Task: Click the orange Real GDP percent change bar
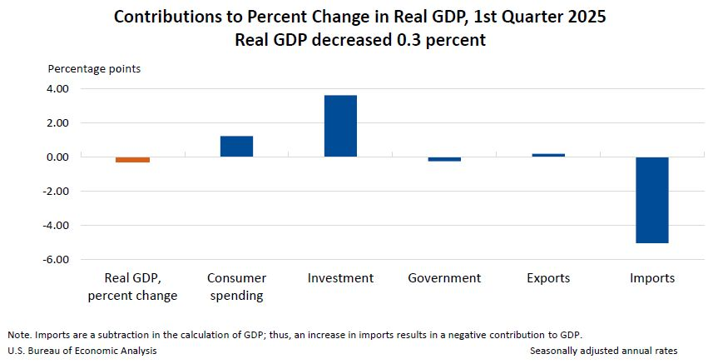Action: click(x=132, y=159)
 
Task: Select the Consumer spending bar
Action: click(x=236, y=146)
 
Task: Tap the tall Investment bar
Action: click(x=340, y=126)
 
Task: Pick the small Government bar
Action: click(x=444, y=159)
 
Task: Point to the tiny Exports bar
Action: click(x=548, y=155)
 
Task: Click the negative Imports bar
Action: click(x=652, y=200)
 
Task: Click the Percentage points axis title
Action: click(x=94, y=68)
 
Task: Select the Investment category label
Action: click(x=340, y=278)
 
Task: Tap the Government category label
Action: click(x=444, y=278)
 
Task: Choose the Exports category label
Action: click(x=548, y=278)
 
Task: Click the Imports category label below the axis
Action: click(x=652, y=278)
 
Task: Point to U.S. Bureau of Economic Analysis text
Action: click(x=82, y=352)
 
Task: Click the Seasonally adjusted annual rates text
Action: click(x=603, y=352)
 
